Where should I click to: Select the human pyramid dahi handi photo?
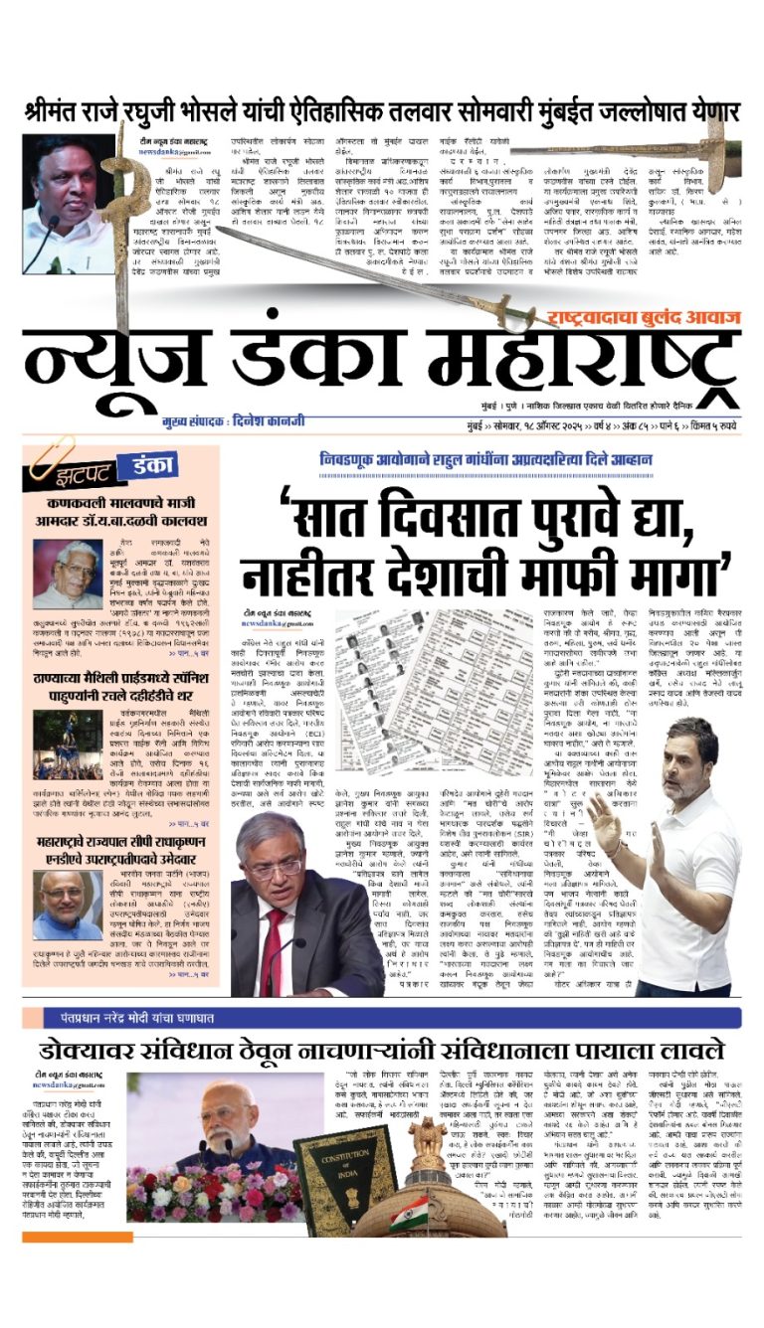tap(68, 744)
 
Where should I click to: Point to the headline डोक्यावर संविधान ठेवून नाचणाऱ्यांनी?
tap(382, 1050)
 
